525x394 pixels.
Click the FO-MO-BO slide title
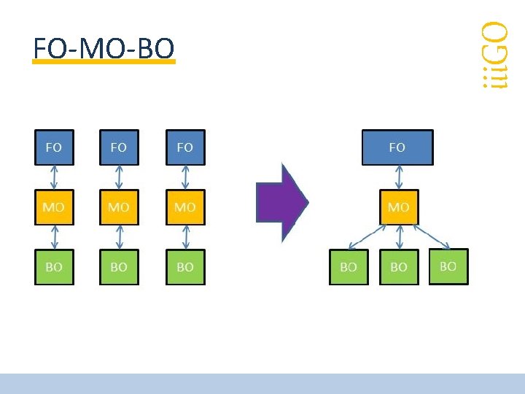click(104, 48)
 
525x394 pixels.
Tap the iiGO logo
click(495, 55)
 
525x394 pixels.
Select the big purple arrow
click(282, 202)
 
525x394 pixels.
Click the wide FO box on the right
click(398, 147)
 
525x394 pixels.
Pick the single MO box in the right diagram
click(399, 207)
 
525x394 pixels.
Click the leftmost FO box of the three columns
click(54, 147)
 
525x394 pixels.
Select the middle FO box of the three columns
click(119, 147)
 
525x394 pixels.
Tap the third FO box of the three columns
click(185, 147)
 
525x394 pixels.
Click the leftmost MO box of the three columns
click(54, 207)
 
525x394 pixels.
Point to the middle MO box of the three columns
click(119, 207)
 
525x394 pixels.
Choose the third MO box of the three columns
click(185, 207)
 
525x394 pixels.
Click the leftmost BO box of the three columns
click(54, 267)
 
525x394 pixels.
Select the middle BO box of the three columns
click(119, 267)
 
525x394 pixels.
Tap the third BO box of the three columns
click(185, 267)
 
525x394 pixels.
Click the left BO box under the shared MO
click(349, 267)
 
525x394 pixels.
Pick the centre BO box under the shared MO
click(399, 267)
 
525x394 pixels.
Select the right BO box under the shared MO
click(448, 267)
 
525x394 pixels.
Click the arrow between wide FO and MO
click(399, 177)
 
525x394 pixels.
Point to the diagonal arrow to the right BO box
click(432, 237)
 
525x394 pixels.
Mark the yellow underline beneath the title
click(104, 61)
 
